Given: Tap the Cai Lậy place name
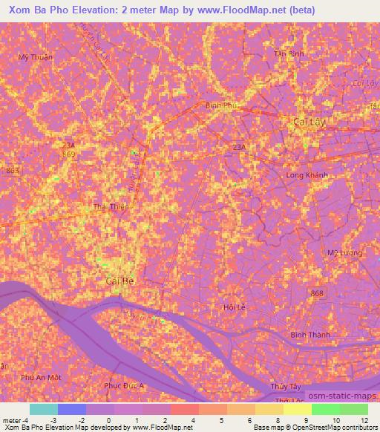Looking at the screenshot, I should pyautogui.click(x=309, y=121).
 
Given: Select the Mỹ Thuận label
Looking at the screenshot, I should pyautogui.click(x=33, y=56).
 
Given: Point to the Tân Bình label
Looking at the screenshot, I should pyautogui.click(x=289, y=54).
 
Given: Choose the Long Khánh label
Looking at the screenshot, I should pyautogui.click(x=307, y=174).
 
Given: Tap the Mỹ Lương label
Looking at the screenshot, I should pyautogui.click(x=344, y=253).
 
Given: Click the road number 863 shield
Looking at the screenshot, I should pyautogui.click(x=13, y=170).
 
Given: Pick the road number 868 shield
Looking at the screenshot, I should pyautogui.click(x=317, y=295).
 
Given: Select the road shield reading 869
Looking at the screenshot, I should pyautogui.click(x=69, y=154).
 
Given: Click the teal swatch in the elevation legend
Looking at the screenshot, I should pyautogui.click(x=44, y=409).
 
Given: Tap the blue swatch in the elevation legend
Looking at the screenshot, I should pyautogui.click(x=72, y=409).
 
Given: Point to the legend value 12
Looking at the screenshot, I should pyautogui.click(x=364, y=421).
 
